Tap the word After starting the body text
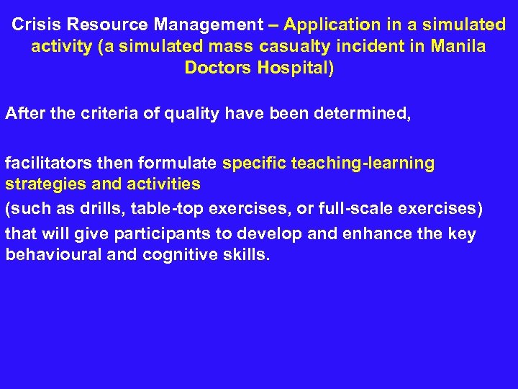pos(25,113)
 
